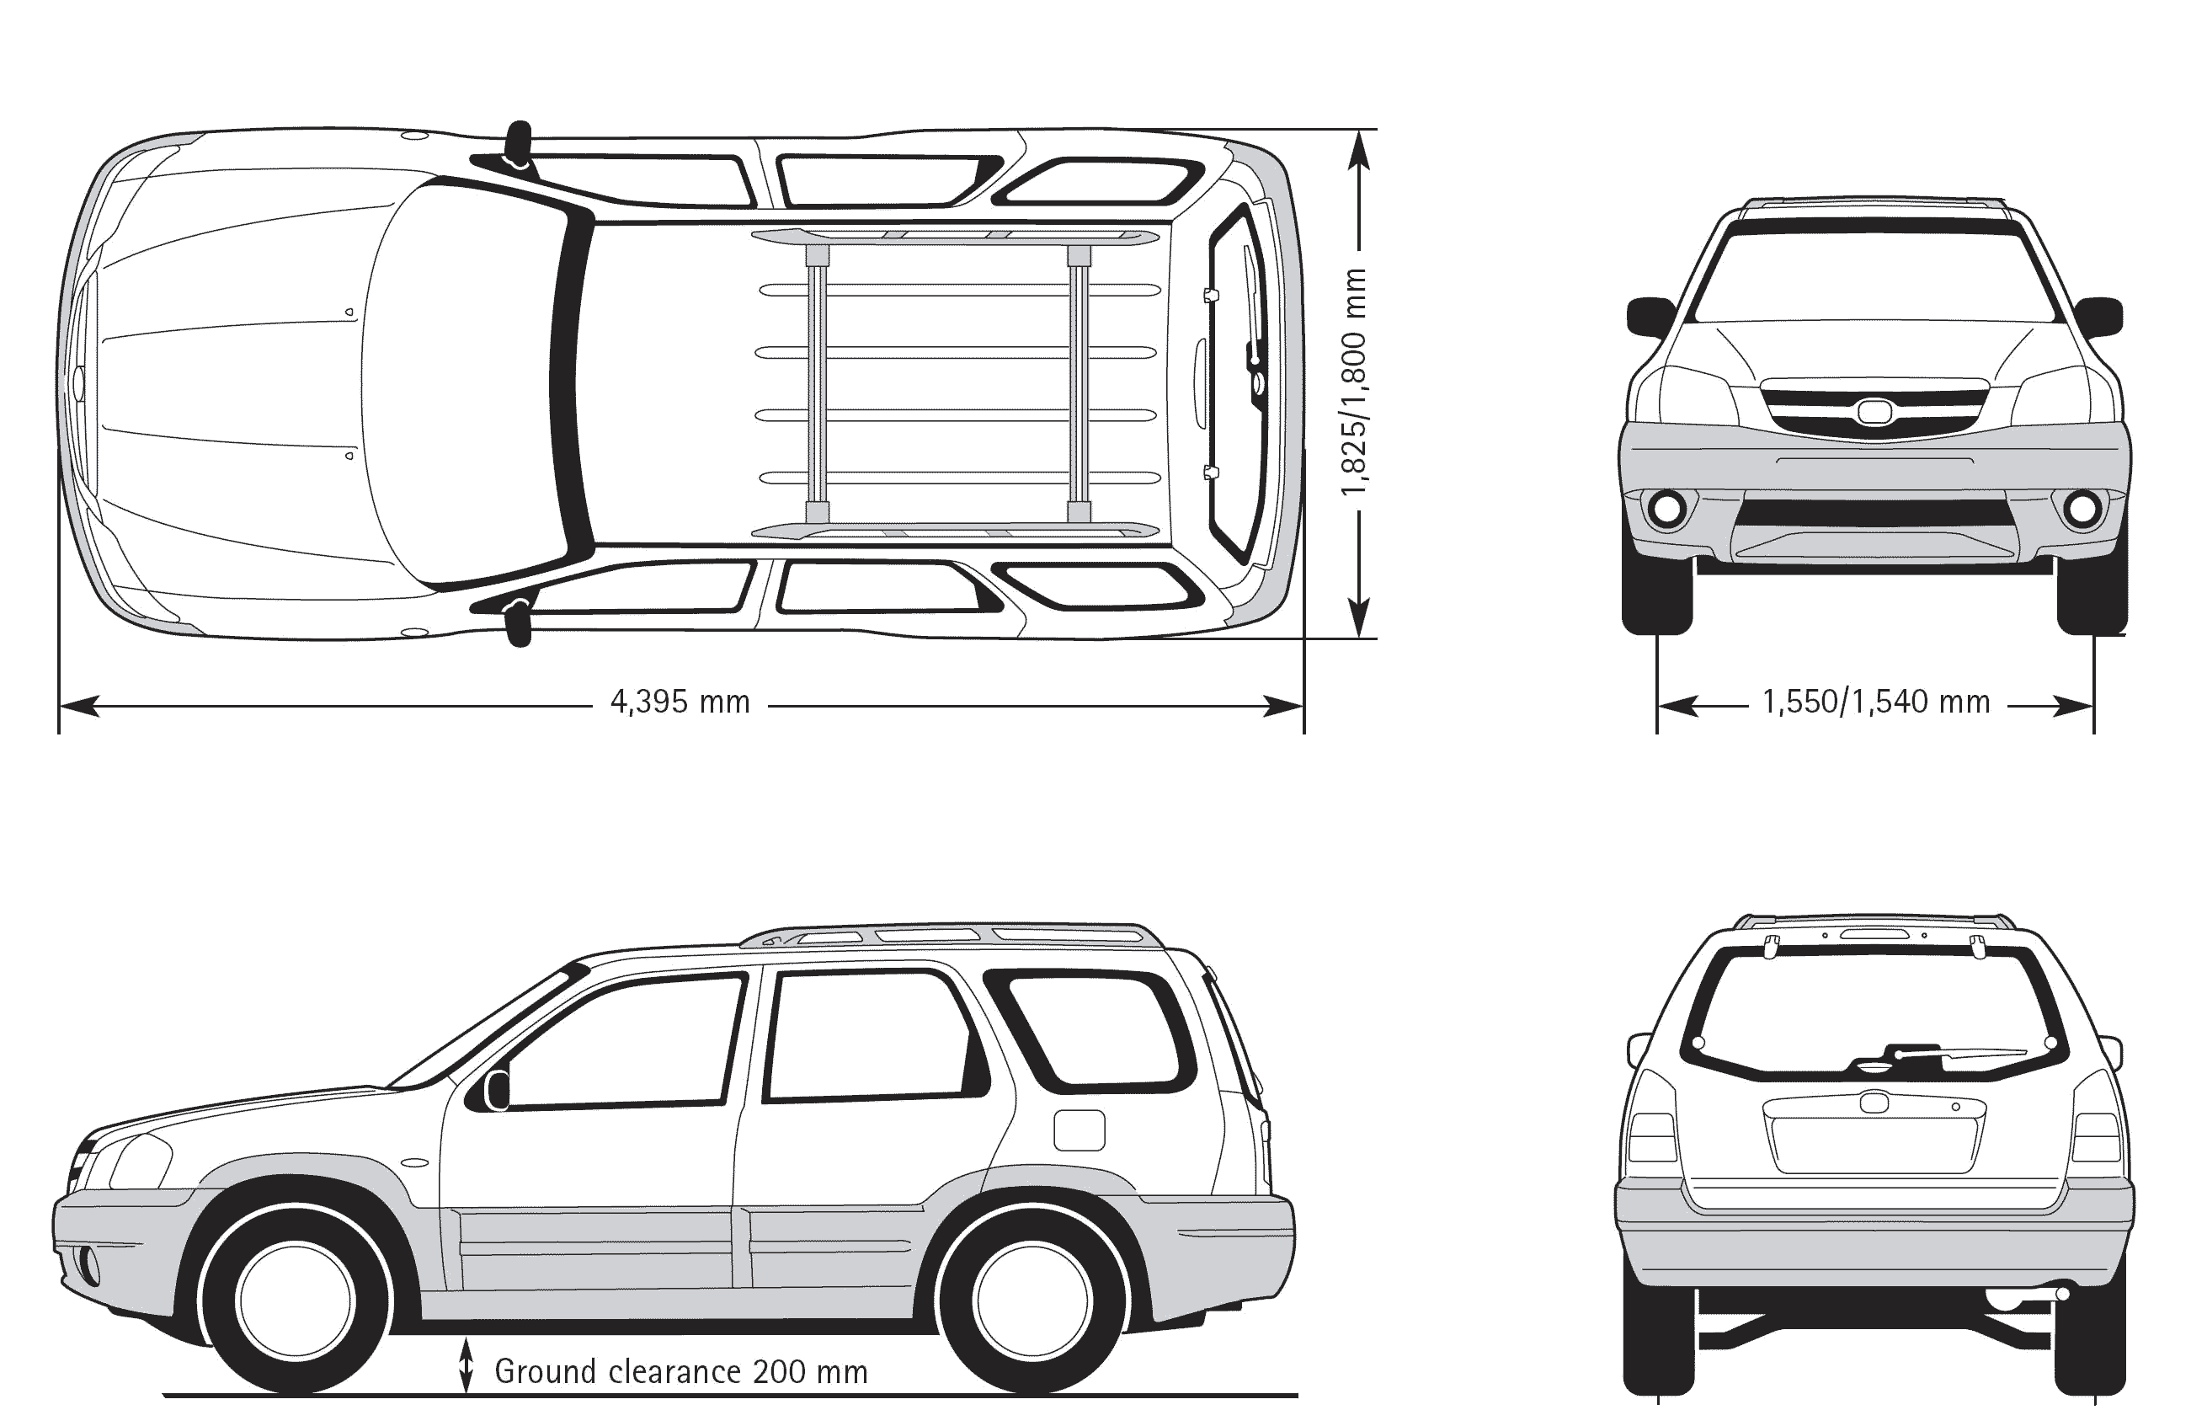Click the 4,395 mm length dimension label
tap(680, 702)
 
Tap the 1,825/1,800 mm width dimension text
tap(1353, 382)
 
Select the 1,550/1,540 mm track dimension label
tap(1875, 702)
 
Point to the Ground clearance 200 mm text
tap(681, 1372)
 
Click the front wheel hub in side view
tap(295, 1300)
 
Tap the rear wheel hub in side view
tap(1033, 1300)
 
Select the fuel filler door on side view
tap(1079, 1130)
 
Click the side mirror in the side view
tap(497, 1090)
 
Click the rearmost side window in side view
tap(1095, 1029)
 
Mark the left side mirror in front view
tap(1650, 315)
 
